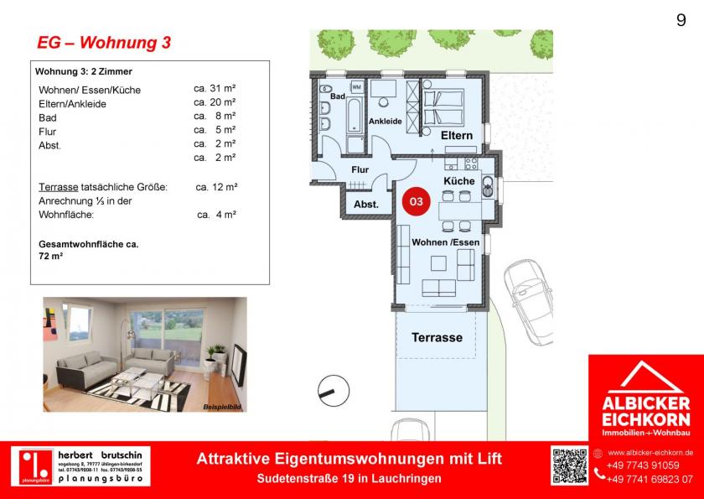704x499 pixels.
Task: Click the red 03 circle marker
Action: click(x=415, y=201)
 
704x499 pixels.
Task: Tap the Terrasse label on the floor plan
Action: click(x=437, y=338)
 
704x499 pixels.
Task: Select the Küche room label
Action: click(x=458, y=181)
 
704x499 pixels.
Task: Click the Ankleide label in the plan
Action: click(x=386, y=122)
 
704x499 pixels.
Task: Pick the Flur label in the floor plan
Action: click(x=360, y=169)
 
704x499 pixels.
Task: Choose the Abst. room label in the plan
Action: click(x=366, y=204)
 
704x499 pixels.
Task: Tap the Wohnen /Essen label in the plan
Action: click(x=441, y=242)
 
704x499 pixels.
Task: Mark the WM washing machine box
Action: click(x=356, y=86)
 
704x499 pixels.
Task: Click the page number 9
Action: click(x=680, y=21)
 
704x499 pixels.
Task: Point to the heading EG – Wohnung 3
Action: click(x=104, y=43)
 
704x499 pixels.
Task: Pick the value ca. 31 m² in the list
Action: click(x=215, y=89)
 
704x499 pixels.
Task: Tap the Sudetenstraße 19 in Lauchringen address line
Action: click(x=349, y=477)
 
